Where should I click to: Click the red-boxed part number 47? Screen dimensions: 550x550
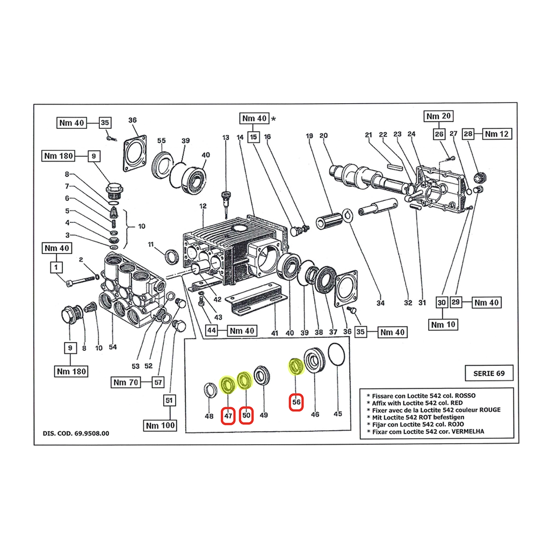click(x=228, y=415)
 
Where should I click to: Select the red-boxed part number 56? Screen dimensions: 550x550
click(x=296, y=401)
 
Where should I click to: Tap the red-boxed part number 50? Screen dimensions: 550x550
click(x=247, y=415)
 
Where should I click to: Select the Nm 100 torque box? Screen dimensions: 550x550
click(x=160, y=425)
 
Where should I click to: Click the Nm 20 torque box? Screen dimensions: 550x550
click(x=439, y=116)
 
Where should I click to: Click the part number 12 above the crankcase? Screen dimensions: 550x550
click(x=202, y=206)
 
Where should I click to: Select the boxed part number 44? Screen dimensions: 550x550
click(x=213, y=330)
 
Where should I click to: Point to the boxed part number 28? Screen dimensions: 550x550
click(x=468, y=134)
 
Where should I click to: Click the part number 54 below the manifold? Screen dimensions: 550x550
click(x=113, y=347)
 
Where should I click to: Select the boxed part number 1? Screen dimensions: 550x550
click(x=56, y=266)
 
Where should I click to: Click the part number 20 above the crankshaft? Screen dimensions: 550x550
click(x=323, y=136)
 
